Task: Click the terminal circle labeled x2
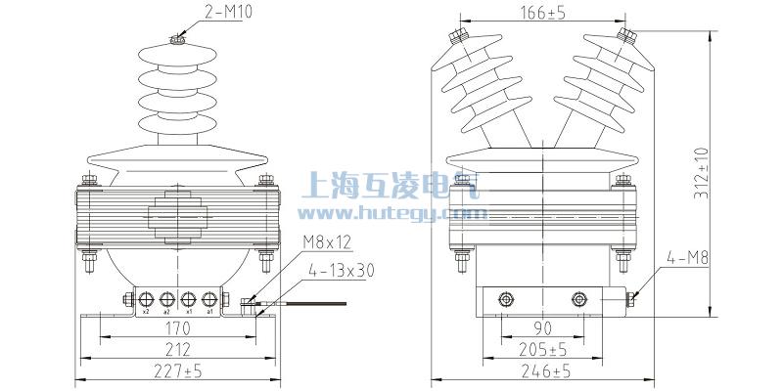(x=146, y=300)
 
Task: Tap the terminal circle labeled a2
(x=166, y=300)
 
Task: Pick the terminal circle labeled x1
(x=187, y=300)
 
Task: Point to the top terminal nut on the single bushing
(x=176, y=39)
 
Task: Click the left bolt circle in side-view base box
(x=506, y=299)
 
